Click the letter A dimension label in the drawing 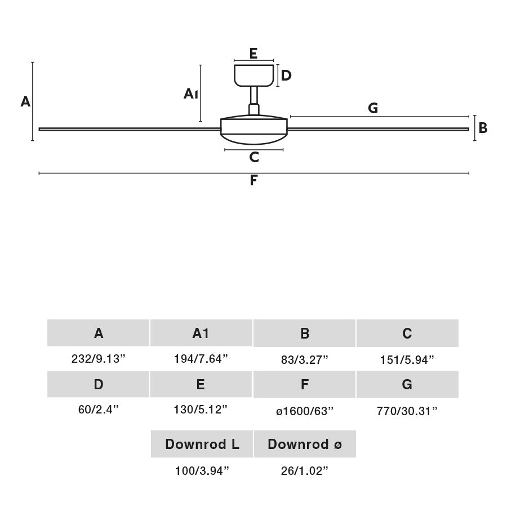25,102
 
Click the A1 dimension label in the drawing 191,94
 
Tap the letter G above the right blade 373,108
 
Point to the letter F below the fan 253,181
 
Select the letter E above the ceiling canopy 253,54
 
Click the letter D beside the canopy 286,75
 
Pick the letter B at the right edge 483,128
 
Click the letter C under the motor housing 254,157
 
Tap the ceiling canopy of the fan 254,75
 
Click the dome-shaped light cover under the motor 254,137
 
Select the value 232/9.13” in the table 99,359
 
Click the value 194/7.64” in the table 201,359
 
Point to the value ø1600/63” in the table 305,411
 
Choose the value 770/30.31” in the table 407,411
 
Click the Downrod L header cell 202,444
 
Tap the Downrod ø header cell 305,444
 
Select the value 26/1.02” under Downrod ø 305,471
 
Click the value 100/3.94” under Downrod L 202,471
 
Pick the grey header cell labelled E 201,385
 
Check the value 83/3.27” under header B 305,359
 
